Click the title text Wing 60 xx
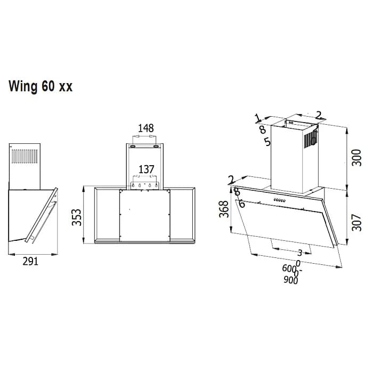pyautogui.click(x=40, y=87)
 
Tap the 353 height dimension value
pyautogui.click(x=77, y=215)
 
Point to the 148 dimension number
pyautogui.click(x=145, y=128)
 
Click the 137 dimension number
pyautogui.click(x=145, y=169)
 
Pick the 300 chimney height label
pyautogui.click(x=357, y=157)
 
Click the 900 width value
pyautogui.click(x=290, y=281)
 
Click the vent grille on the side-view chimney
pyautogui.click(x=25, y=157)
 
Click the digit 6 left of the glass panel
pyautogui.click(x=241, y=204)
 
